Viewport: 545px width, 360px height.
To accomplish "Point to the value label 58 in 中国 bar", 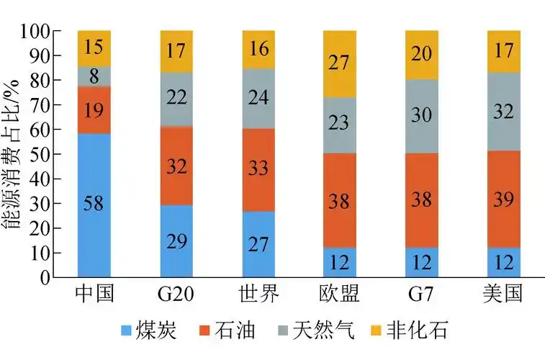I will pos(94,204).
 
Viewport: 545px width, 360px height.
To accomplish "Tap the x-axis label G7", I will pos(422,295).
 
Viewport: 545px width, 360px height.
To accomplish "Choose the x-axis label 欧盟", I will pos(340,294).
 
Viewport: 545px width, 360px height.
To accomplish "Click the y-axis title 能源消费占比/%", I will pos(14,154).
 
